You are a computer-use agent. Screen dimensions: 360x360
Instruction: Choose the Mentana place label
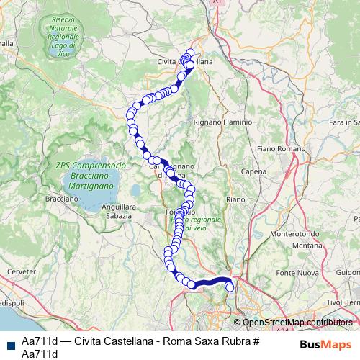point(308,246)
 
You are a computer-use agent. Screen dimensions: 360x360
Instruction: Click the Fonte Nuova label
point(297,271)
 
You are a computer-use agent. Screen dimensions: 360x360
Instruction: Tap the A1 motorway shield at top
point(217,4)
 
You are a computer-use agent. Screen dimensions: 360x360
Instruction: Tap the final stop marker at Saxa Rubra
point(230,287)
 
